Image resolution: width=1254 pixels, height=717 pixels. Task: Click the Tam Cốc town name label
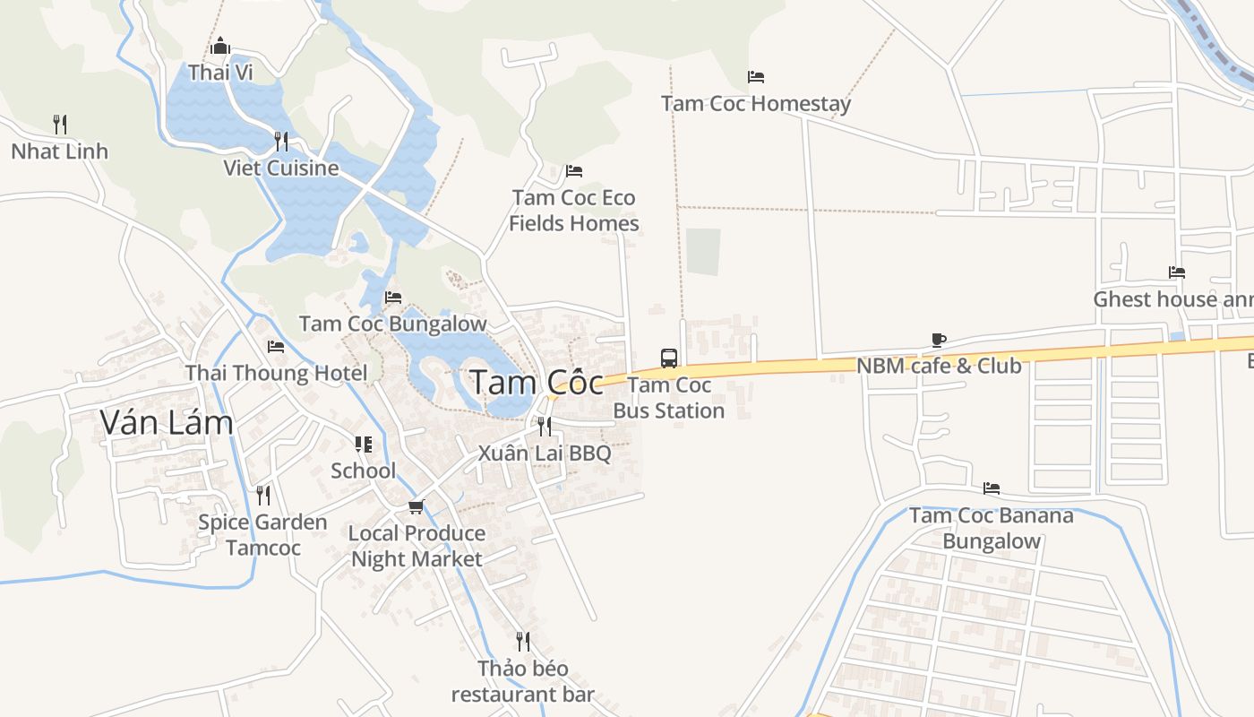[x=537, y=382]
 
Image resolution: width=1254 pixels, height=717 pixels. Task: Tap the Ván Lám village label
[x=167, y=421]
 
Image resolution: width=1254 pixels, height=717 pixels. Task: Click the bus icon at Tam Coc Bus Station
[x=669, y=358]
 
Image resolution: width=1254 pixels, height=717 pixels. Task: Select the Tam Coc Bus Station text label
[x=669, y=398]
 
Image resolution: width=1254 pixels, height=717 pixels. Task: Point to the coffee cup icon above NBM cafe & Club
[x=938, y=340]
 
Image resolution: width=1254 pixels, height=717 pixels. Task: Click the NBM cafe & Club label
[x=939, y=366]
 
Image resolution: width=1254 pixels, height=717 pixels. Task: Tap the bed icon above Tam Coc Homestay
[x=756, y=77]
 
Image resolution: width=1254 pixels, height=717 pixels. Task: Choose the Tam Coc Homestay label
[x=756, y=104]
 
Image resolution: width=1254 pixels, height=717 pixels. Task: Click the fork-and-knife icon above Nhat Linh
[x=60, y=124]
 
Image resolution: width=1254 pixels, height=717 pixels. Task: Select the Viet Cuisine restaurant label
[x=281, y=168]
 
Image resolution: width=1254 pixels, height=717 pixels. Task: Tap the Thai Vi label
[x=220, y=73]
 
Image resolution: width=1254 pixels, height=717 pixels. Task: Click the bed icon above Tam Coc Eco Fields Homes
[x=574, y=171]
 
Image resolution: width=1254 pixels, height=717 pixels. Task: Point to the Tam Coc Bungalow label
[x=393, y=324]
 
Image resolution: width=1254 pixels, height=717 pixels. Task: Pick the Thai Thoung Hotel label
[x=276, y=373]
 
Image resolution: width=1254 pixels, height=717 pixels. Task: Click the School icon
[x=363, y=445]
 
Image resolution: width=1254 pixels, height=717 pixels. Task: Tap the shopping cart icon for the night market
[x=416, y=507]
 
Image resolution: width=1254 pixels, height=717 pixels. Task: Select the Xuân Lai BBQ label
[x=545, y=453]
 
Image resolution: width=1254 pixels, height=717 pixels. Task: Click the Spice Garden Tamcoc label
[x=262, y=534]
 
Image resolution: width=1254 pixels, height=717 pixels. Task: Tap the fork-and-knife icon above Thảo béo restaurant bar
[x=523, y=642]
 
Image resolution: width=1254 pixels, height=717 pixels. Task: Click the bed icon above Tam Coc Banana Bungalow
[x=992, y=488]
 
